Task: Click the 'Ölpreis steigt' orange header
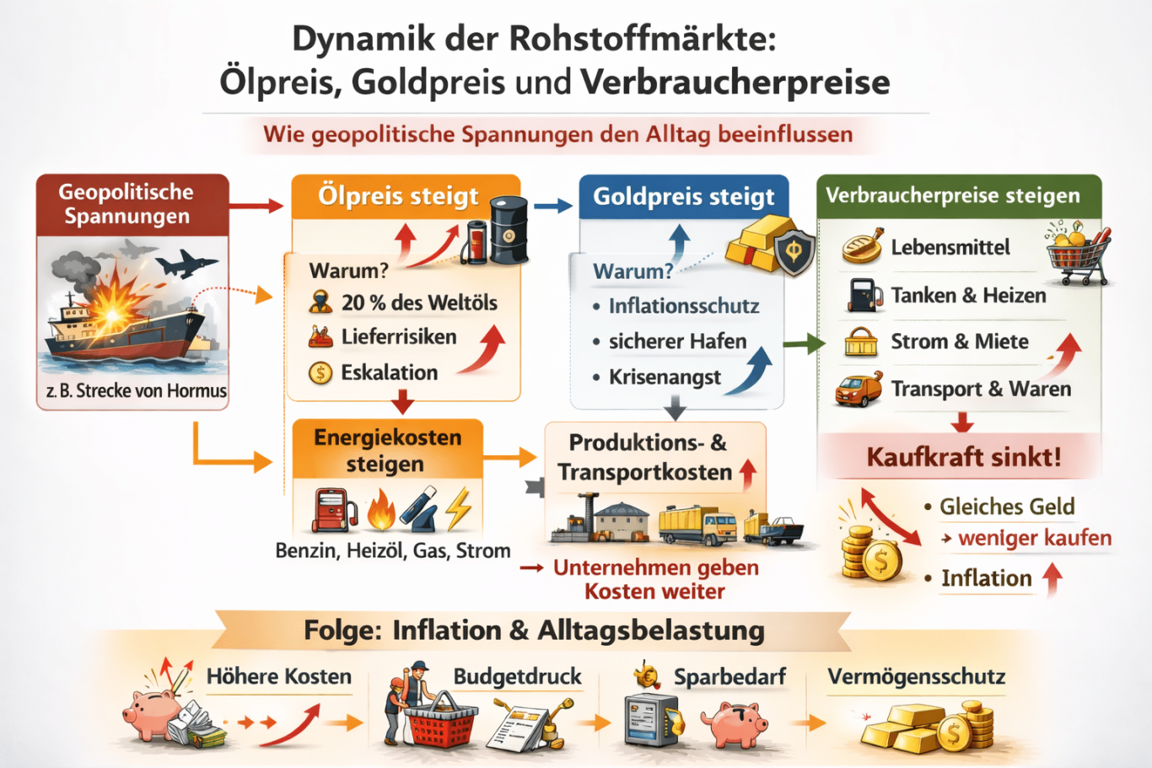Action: pyautogui.click(x=398, y=196)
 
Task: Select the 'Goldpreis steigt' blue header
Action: pyautogui.click(x=683, y=196)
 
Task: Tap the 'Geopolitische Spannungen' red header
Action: pyautogui.click(x=127, y=204)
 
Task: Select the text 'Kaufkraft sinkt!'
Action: pyautogui.click(x=964, y=457)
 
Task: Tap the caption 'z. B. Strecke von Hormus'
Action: pyautogui.click(x=136, y=391)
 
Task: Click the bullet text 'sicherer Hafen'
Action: pyautogui.click(x=677, y=341)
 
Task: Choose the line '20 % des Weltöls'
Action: pyautogui.click(x=419, y=303)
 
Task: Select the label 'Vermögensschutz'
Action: pyautogui.click(x=916, y=677)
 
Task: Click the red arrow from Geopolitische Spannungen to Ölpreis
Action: pyautogui.click(x=256, y=205)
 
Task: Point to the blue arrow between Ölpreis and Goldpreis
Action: pyautogui.click(x=552, y=205)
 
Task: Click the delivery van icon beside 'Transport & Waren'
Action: pyautogui.click(x=858, y=390)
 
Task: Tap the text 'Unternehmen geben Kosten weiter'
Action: pyautogui.click(x=655, y=579)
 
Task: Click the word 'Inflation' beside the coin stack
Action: pyautogui.click(x=986, y=578)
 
